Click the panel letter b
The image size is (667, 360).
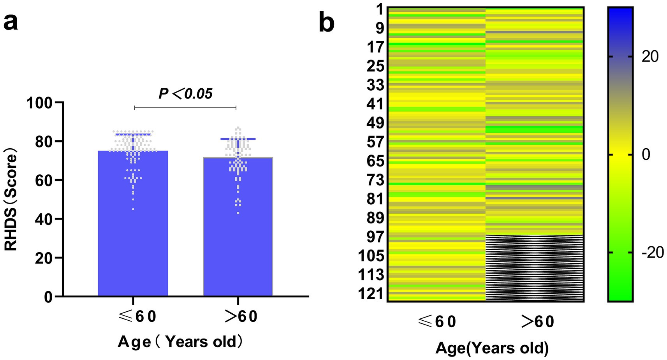(326, 23)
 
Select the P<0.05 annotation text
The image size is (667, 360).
(185, 94)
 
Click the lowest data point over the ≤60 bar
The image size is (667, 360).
(133, 209)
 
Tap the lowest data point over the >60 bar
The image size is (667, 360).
(238, 213)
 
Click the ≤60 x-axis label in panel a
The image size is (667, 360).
(137, 316)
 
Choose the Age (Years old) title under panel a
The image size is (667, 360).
(180, 342)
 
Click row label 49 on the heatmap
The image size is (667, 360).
(375, 123)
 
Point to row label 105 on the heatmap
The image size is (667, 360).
(371, 256)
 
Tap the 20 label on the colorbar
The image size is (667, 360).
(650, 57)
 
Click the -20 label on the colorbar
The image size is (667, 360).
(652, 253)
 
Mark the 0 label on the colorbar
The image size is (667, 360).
(646, 155)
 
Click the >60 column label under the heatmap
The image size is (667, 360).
(537, 322)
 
